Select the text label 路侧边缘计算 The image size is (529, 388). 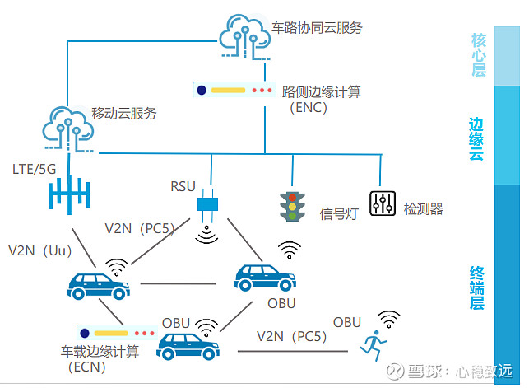[x=316, y=90]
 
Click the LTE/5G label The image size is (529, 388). [x=35, y=170]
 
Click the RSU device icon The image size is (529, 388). [x=206, y=203]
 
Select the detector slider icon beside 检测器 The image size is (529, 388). [x=382, y=203]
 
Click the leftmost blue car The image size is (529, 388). [x=98, y=287]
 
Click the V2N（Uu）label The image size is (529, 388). [x=41, y=250]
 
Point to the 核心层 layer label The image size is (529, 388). [x=479, y=54]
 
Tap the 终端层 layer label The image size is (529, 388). [x=477, y=287]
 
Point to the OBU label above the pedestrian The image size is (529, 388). [x=347, y=321]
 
